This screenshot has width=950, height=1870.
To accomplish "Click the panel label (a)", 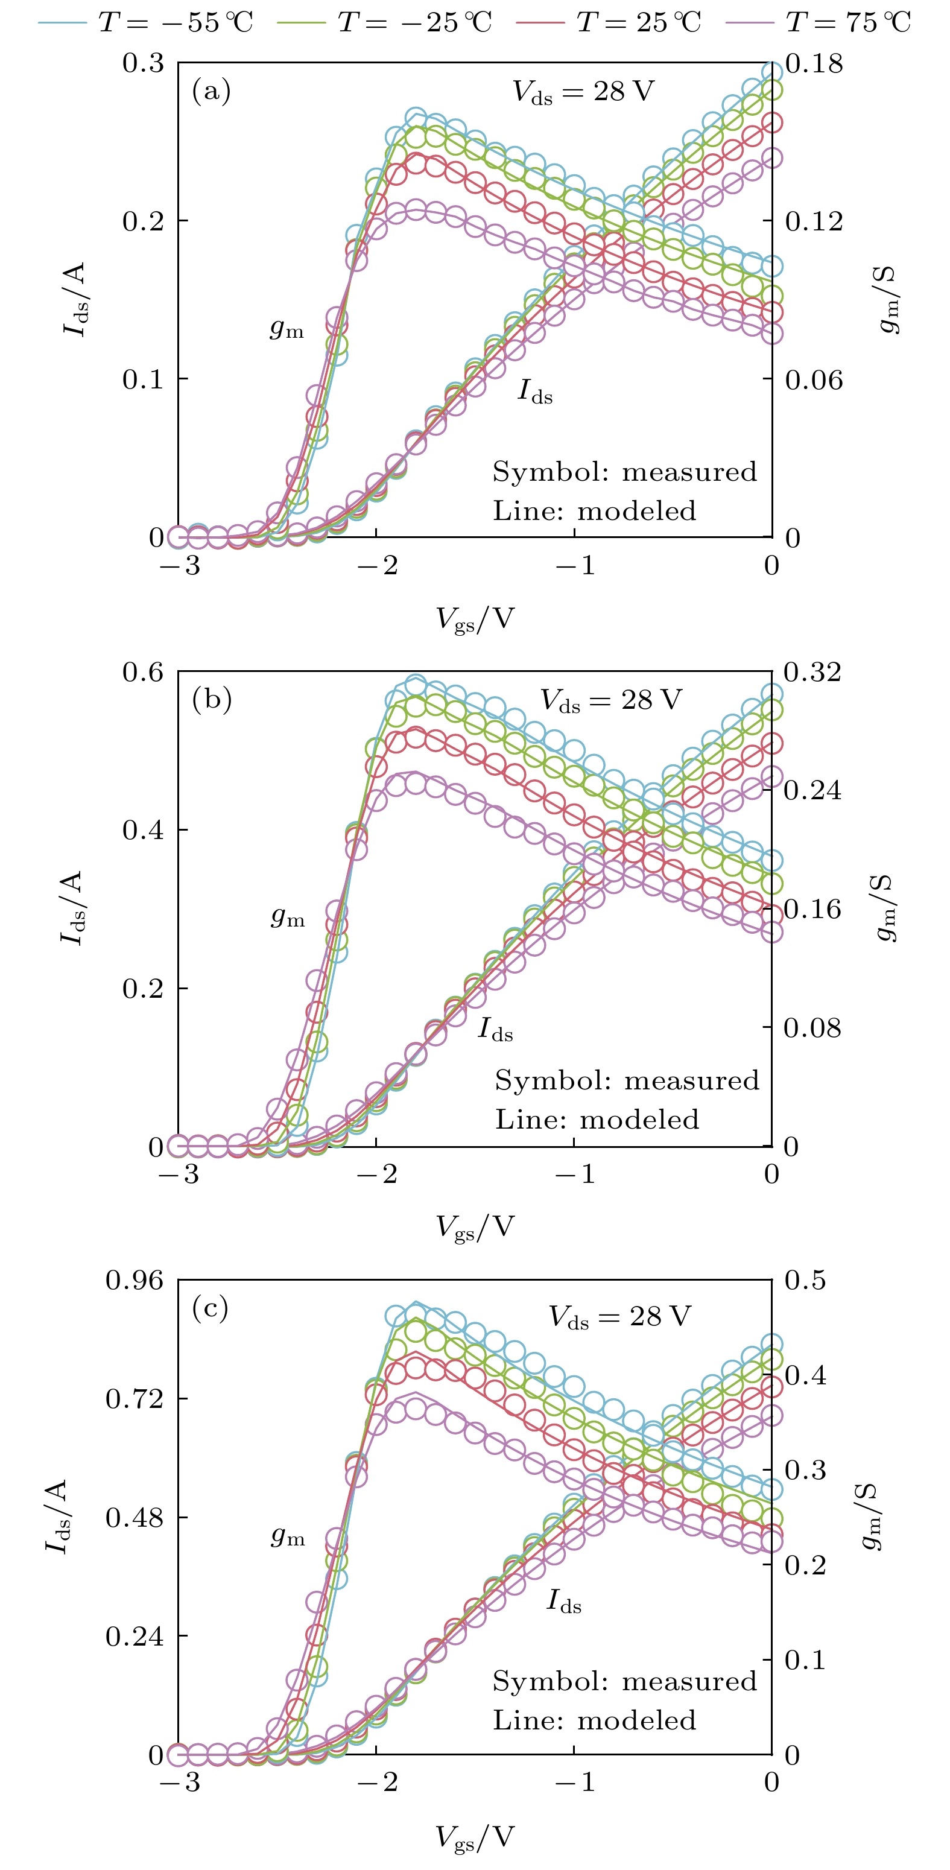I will (x=211, y=92).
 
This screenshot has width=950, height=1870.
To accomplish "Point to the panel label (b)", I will (x=211, y=700).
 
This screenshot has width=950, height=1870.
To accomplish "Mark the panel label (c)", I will (x=211, y=1308).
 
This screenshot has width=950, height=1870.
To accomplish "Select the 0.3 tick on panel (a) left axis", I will (x=143, y=63).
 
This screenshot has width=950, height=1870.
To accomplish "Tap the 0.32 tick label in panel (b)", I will (x=813, y=671).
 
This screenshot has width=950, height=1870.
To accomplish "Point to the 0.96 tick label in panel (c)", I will (x=135, y=1280).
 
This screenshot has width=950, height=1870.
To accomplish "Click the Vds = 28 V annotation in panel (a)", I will (x=583, y=92).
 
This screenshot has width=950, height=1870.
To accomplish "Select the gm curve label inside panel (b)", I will (x=287, y=918).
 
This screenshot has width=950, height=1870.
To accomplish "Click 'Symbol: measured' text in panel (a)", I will (x=624, y=472).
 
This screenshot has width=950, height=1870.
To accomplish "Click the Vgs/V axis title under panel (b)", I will (x=475, y=1228).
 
